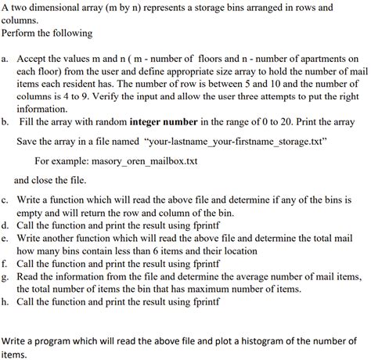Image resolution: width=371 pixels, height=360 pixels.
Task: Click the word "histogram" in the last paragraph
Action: [238, 341]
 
